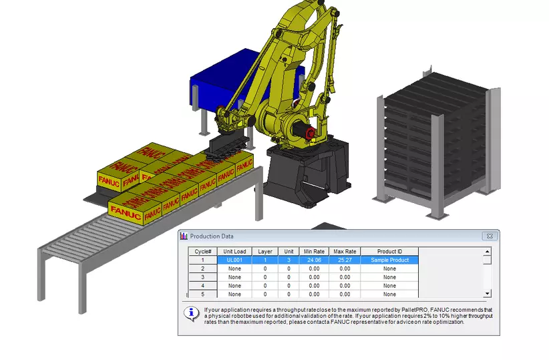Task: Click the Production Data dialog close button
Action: pyautogui.click(x=490, y=236)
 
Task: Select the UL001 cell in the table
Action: pyautogui.click(x=234, y=260)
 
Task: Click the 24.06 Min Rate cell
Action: pyautogui.click(x=314, y=260)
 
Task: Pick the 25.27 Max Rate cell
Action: pyautogui.click(x=344, y=260)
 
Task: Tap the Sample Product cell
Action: pyautogui.click(x=389, y=260)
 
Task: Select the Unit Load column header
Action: pyautogui.click(x=234, y=251)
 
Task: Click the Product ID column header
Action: pyautogui.click(x=389, y=251)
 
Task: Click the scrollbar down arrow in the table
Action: pyautogui.click(x=488, y=293)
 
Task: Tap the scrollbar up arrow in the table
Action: pyautogui.click(x=488, y=252)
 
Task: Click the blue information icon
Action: pyautogui.click(x=192, y=313)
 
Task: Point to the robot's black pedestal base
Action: pyautogui.click(x=307, y=174)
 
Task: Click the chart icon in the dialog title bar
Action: pyautogui.click(x=184, y=236)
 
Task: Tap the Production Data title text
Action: pyautogui.click(x=212, y=236)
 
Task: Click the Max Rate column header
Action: pyautogui.click(x=344, y=251)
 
